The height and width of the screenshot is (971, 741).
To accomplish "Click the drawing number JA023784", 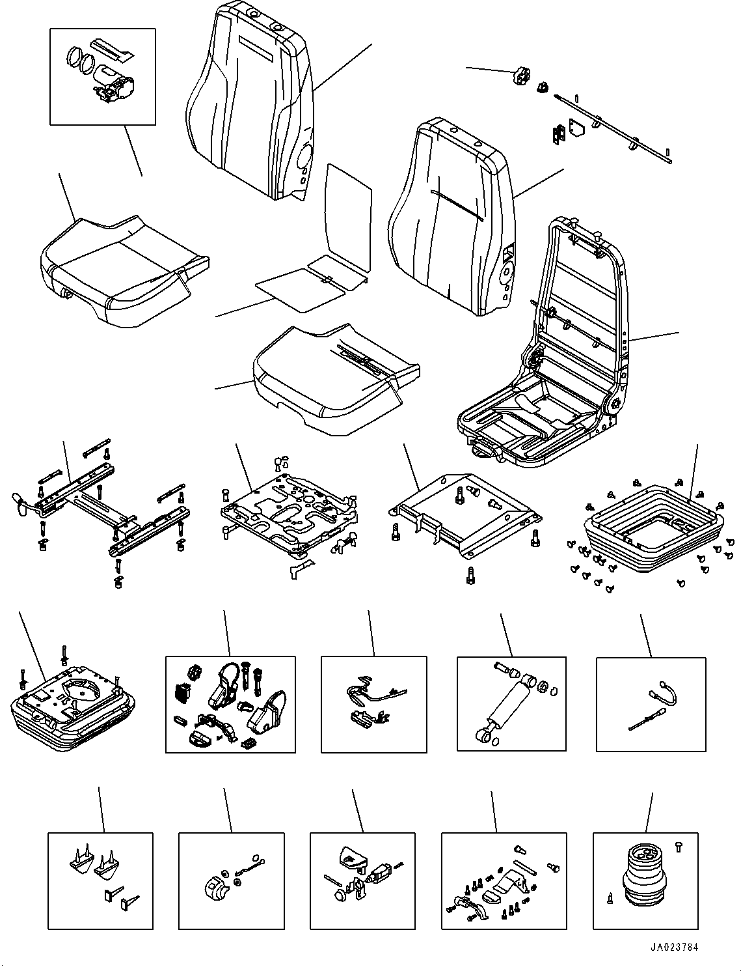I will click(x=674, y=948).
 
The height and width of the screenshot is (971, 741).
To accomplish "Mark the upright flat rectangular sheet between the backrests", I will click(x=348, y=218).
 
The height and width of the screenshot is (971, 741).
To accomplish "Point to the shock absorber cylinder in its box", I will click(x=511, y=707).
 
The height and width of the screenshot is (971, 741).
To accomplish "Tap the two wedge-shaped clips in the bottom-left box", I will click(x=91, y=860).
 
